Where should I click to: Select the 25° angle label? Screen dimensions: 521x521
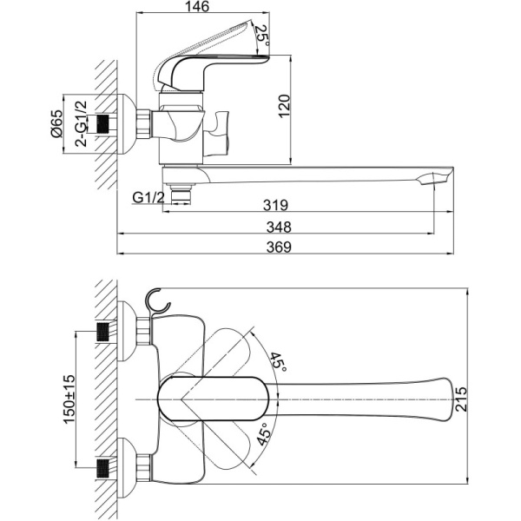(261, 36)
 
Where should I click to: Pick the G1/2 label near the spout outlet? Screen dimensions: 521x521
(149, 198)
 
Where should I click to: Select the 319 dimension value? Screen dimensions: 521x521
(275, 206)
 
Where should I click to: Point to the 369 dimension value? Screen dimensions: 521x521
(279, 247)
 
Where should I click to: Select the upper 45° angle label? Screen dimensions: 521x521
(278, 362)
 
